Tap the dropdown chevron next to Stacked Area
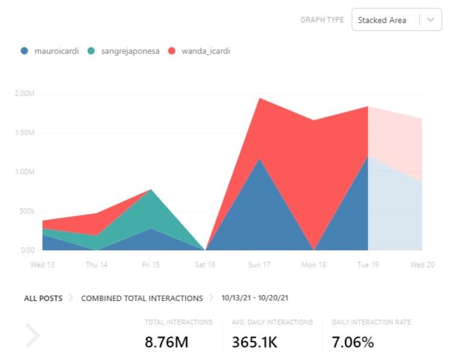[430, 20]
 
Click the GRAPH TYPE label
[322, 20]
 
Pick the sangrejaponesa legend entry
[124, 51]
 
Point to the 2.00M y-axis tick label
[24, 93]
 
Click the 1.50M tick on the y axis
[24, 133]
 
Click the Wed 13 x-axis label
[42, 265]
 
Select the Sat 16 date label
[205, 265]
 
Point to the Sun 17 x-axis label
[259, 265]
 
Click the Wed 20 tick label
[422, 265]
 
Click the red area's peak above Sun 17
[259, 100]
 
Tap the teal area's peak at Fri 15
[151, 191]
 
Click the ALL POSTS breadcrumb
[43, 298]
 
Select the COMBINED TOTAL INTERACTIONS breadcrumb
[142, 298]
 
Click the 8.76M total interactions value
[166, 343]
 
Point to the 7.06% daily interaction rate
[353, 343]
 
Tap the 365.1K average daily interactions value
[254, 343]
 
